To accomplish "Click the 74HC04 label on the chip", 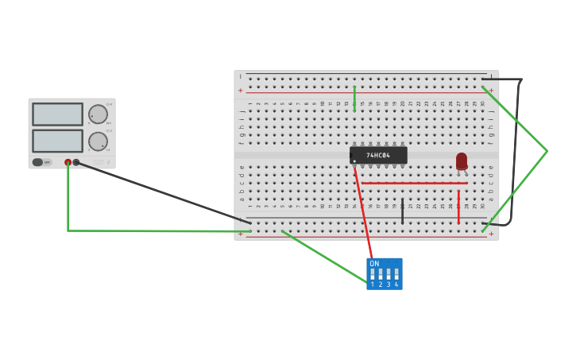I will coord(378,155).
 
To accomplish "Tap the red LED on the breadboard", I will coord(462,161).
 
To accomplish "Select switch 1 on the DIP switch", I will coord(373,274).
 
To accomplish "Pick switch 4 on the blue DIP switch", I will coord(396,274).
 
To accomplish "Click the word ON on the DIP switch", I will coord(374,263).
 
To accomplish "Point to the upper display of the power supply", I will coord(57,114).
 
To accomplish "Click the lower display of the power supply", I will coord(57,141).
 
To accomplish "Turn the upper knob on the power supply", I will coord(98,114).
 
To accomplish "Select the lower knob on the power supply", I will coord(98,141).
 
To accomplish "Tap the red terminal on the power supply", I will coord(68,162).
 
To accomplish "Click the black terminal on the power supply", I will coord(76,162).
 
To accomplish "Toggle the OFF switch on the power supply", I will coord(37,162).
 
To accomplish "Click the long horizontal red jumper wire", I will coord(413,183).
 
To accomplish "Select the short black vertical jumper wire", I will coord(402,211).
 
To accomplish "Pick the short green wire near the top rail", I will coord(354,99).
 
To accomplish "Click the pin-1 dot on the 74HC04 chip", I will coord(354,161).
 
